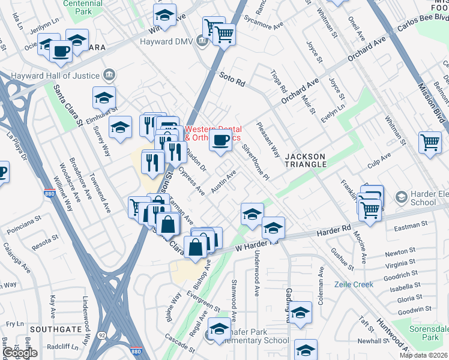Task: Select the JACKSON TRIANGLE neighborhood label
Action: pyautogui.click(x=304, y=160)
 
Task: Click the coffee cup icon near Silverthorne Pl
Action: pyautogui.click(x=220, y=142)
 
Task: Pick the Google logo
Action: pyautogui.click(x=19, y=353)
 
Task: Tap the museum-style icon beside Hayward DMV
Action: pyautogui.click(x=202, y=41)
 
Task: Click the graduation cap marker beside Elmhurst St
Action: pyautogui.click(x=103, y=97)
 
